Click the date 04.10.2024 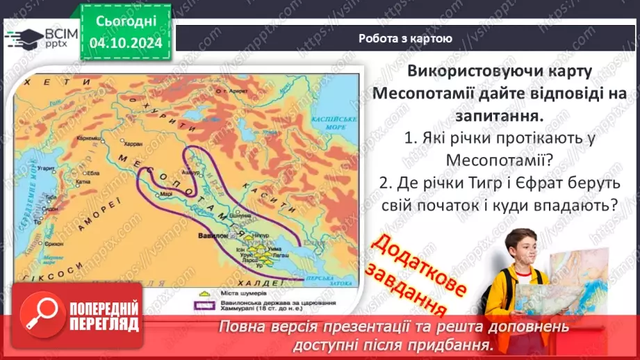[x=125, y=42]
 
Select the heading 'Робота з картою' [x=405, y=39]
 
